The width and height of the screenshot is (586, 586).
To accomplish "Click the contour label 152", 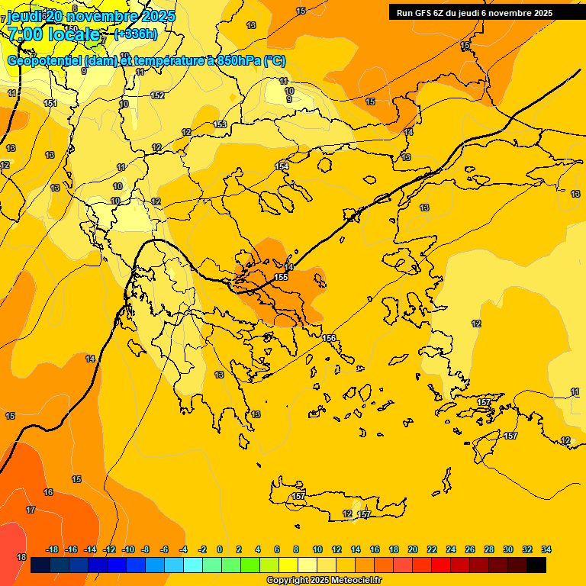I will (157, 95).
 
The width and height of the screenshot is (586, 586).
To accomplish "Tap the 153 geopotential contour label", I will (221, 124).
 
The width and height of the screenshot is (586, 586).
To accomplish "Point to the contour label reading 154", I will (282, 166).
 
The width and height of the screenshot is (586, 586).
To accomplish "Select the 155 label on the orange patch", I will (281, 277).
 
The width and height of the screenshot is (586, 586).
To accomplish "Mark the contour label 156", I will (329, 338).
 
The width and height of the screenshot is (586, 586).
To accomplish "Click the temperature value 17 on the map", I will (31, 510).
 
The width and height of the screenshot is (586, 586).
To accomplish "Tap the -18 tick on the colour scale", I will (52, 549).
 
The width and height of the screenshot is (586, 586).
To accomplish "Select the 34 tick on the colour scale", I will (546, 549).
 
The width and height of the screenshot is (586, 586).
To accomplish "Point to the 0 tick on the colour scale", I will (220, 549).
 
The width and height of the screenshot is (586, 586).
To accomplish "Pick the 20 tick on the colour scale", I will (413, 549).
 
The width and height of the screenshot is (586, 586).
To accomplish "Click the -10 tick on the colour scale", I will (128, 549).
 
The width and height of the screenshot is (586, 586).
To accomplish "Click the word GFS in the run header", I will (423, 13).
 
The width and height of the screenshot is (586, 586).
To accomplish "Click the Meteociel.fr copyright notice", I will (324, 581).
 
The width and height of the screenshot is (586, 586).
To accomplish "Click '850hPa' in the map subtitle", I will (239, 61).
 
